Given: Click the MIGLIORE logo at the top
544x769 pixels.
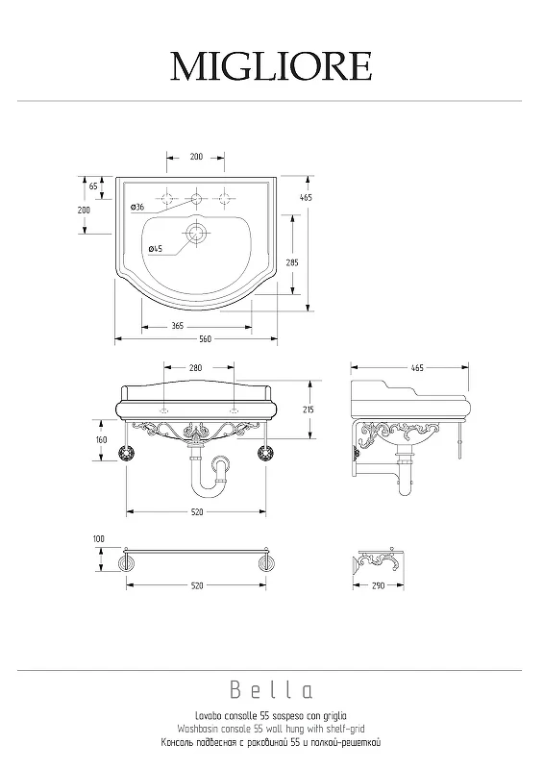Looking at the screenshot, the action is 271,66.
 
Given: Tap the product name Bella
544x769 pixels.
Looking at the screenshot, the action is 271,690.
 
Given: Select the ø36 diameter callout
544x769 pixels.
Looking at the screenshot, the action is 137,207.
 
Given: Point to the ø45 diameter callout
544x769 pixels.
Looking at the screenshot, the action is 156,249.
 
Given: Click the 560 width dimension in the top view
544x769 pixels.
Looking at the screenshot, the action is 206,339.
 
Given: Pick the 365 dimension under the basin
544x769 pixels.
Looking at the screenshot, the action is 178,326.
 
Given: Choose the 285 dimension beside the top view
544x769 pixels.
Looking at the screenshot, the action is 292,262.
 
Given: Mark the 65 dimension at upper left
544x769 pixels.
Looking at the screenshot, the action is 93,186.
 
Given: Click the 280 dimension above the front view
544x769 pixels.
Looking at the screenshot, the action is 195,368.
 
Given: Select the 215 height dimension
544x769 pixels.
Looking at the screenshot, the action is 309,409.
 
